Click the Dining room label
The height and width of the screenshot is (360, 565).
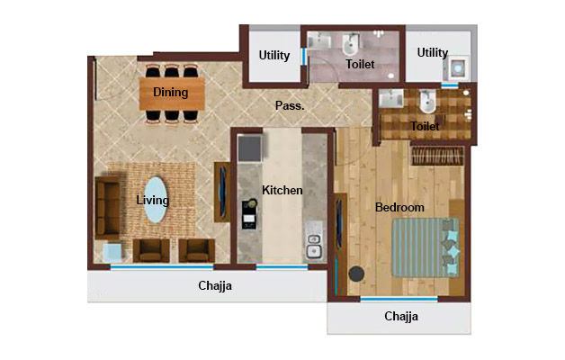click(171, 92)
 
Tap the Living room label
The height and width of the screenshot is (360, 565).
click(153, 200)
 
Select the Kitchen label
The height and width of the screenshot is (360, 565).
click(282, 191)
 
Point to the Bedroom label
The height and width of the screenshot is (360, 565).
click(399, 208)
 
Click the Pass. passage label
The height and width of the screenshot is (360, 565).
click(290, 106)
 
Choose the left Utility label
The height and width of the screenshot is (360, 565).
click(274, 56)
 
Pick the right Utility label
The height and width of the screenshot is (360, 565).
click(433, 53)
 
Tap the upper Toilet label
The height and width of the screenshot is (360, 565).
click(360, 65)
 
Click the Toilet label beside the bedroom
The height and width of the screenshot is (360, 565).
click(425, 127)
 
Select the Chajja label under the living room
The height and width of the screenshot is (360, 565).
click(216, 287)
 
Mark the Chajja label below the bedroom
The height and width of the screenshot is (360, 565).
click(401, 317)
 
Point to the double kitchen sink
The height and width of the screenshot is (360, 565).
click(315, 246)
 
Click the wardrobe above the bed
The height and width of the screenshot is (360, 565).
click(436, 156)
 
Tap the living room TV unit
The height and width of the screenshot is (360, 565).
click(221, 192)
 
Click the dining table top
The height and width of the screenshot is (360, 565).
click(172, 92)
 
